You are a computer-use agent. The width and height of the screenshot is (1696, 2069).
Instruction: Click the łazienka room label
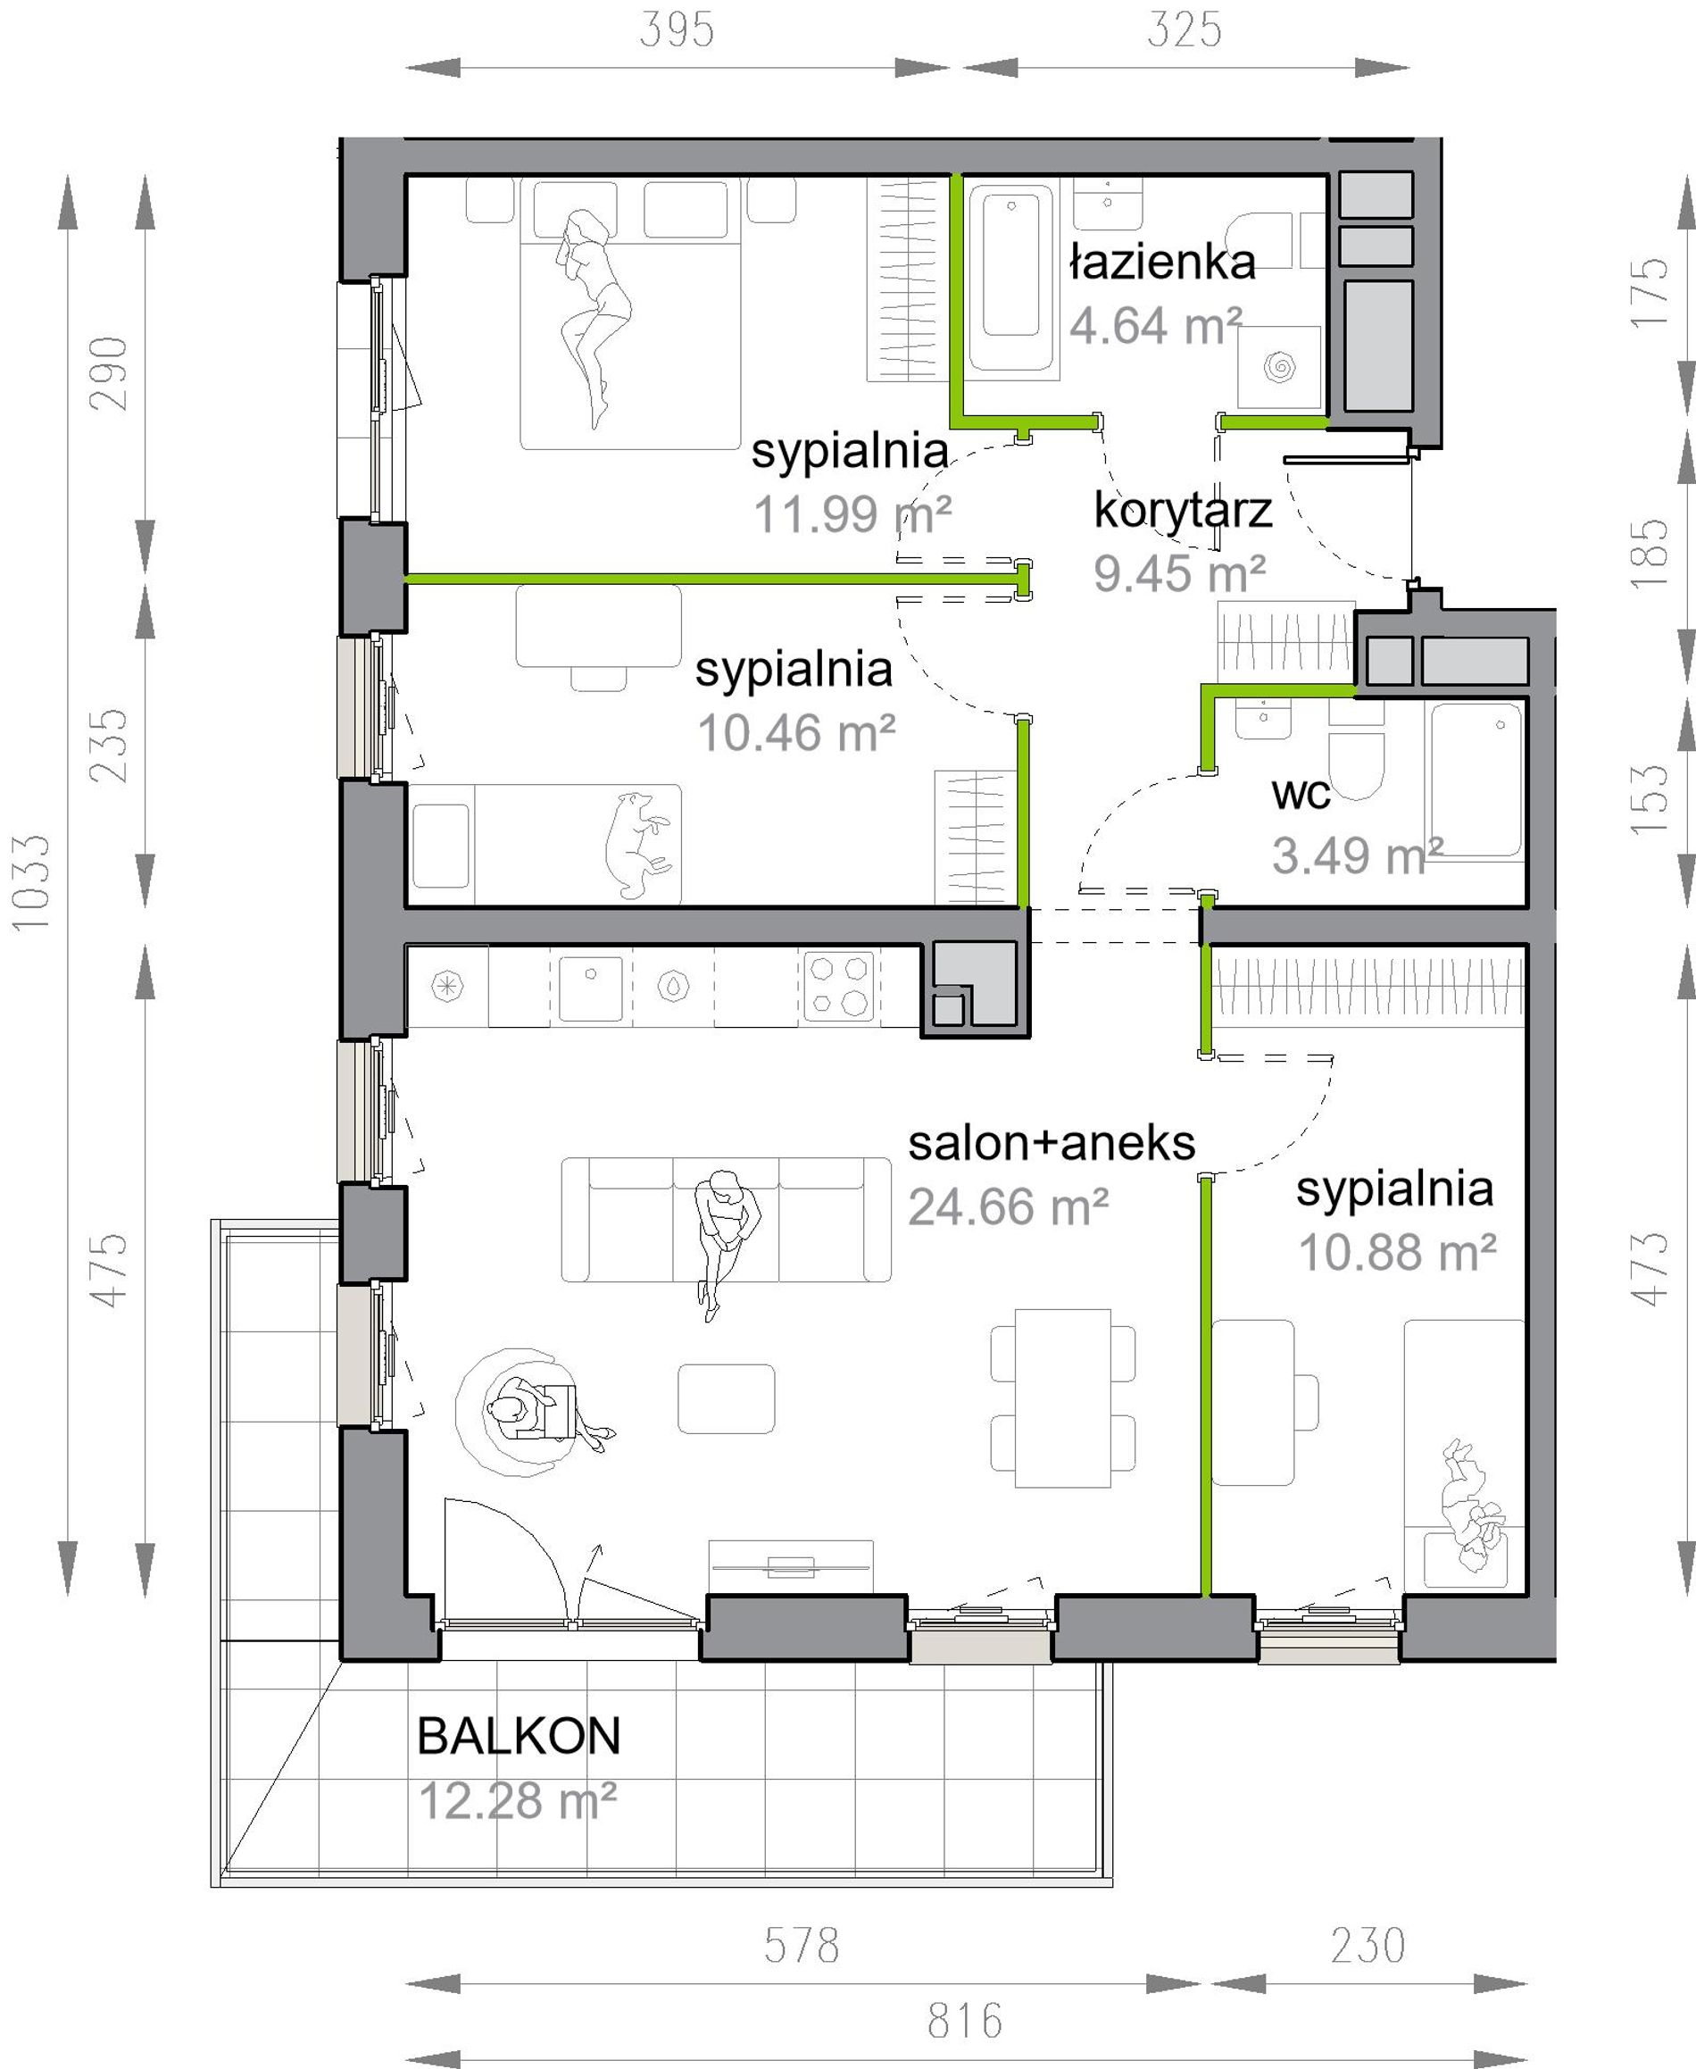point(1161,263)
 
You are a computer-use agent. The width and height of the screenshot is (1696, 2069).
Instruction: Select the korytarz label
point(1182,511)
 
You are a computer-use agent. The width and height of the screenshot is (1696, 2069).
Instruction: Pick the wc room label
point(1301,794)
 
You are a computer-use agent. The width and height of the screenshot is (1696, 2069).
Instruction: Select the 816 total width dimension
point(965,2021)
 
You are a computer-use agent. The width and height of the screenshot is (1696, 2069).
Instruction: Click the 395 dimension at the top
point(676,30)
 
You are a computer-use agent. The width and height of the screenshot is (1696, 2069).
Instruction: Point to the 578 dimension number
point(801,1946)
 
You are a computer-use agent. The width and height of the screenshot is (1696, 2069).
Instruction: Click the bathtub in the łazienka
point(1011,279)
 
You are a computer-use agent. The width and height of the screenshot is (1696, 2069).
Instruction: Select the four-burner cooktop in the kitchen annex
point(839,986)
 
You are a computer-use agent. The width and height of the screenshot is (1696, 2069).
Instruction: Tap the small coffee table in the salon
point(726,1398)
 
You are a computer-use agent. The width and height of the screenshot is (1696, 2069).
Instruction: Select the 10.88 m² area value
point(1397,1252)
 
